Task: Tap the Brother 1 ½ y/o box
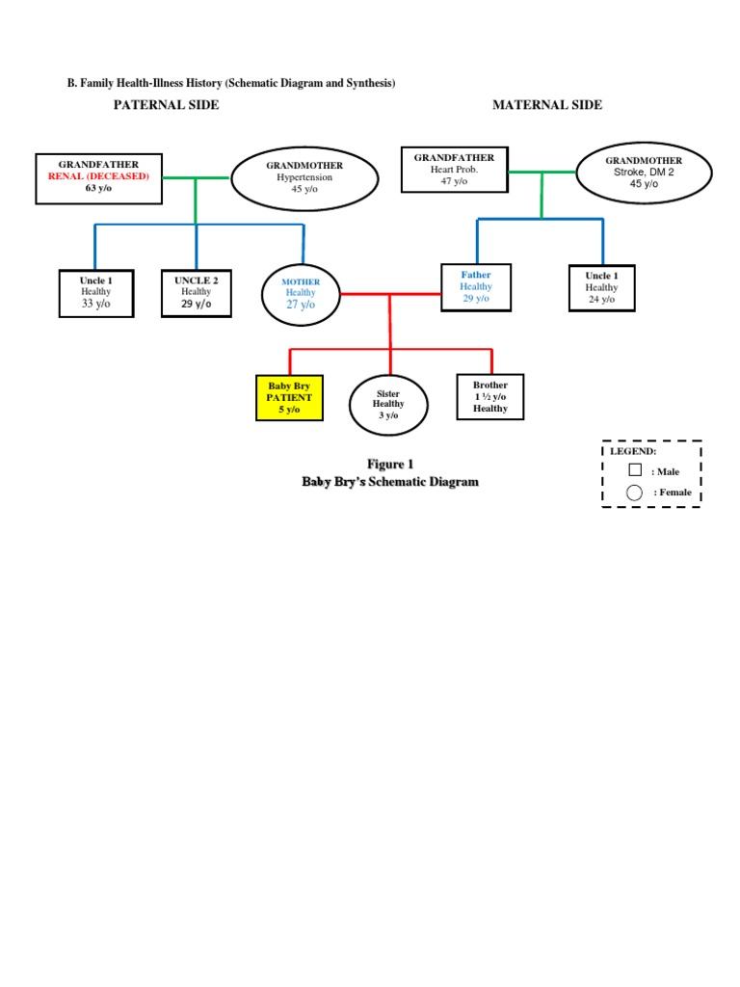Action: (x=489, y=397)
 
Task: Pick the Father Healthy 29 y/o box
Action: (x=475, y=286)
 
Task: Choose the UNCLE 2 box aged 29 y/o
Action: (x=196, y=292)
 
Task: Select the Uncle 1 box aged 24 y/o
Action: (x=601, y=287)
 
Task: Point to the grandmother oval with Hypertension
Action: (x=304, y=177)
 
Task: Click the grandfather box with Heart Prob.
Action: (x=454, y=170)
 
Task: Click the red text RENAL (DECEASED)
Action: (x=98, y=176)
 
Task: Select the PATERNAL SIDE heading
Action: (x=167, y=105)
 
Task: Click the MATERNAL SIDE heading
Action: (x=547, y=105)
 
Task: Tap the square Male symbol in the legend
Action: (x=635, y=470)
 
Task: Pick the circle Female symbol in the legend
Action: (x=634, y=493)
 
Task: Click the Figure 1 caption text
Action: (x=390, y=465)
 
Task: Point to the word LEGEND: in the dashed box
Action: (x=632, y=451)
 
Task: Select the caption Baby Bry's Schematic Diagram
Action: (x=390, y=482)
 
